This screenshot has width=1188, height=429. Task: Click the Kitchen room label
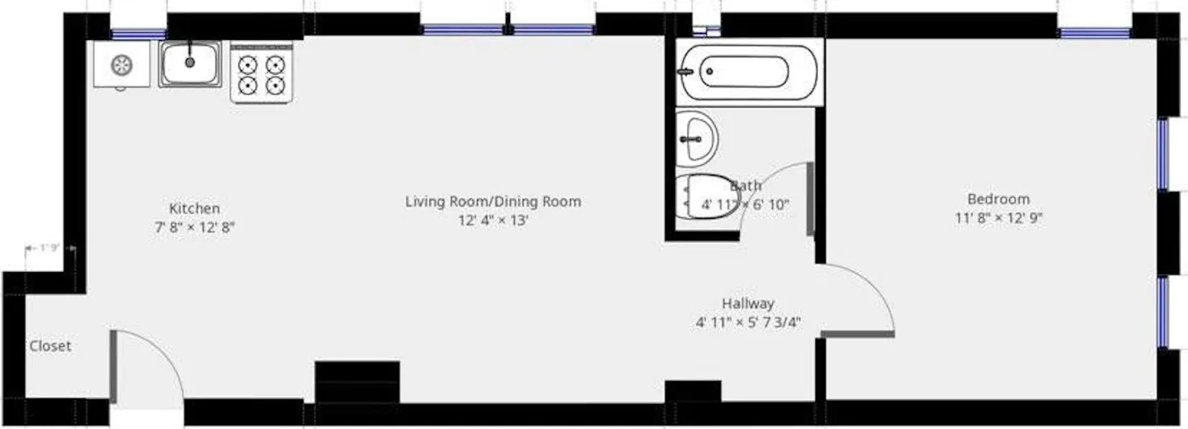(194, 208)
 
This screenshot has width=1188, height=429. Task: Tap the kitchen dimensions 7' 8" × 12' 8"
(194, 227)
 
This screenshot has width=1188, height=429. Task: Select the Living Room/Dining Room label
(492, 202)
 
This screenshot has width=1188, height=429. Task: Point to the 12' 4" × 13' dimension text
(492, 220)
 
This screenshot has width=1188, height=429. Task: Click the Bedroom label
(998, 199)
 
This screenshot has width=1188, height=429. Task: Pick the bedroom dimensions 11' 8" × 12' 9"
(998, 218)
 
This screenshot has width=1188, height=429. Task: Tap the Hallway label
(748, 303)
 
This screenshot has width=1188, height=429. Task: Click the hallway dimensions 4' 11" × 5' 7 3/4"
(748, 321)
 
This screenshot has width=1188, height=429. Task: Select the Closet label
(50, 346)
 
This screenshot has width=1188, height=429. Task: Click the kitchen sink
(190, 64)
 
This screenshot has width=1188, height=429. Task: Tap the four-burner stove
(261, 73)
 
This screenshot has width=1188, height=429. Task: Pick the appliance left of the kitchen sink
(122, 64)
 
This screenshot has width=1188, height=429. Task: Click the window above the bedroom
(1094, 34)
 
